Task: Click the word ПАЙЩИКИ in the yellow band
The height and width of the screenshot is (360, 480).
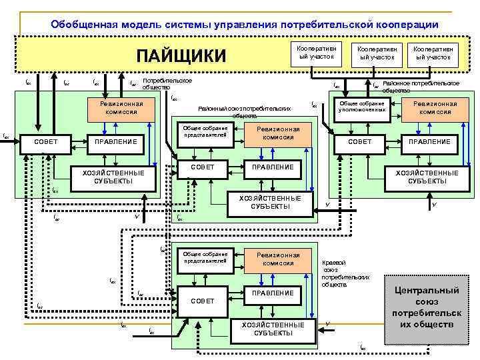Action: [x=181, y=55]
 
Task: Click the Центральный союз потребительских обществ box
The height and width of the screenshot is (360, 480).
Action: [x=427, y=306]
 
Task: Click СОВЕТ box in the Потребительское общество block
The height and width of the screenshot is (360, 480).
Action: [x=50, y=141]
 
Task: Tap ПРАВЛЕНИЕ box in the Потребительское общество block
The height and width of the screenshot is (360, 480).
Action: [x=116, y=141]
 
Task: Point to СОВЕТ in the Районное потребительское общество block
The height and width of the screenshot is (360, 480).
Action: [x=361, y=141]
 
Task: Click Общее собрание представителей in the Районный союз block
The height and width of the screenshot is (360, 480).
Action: [x=204, y=132]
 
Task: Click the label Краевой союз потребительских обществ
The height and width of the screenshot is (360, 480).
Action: [x=344, y=274]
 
